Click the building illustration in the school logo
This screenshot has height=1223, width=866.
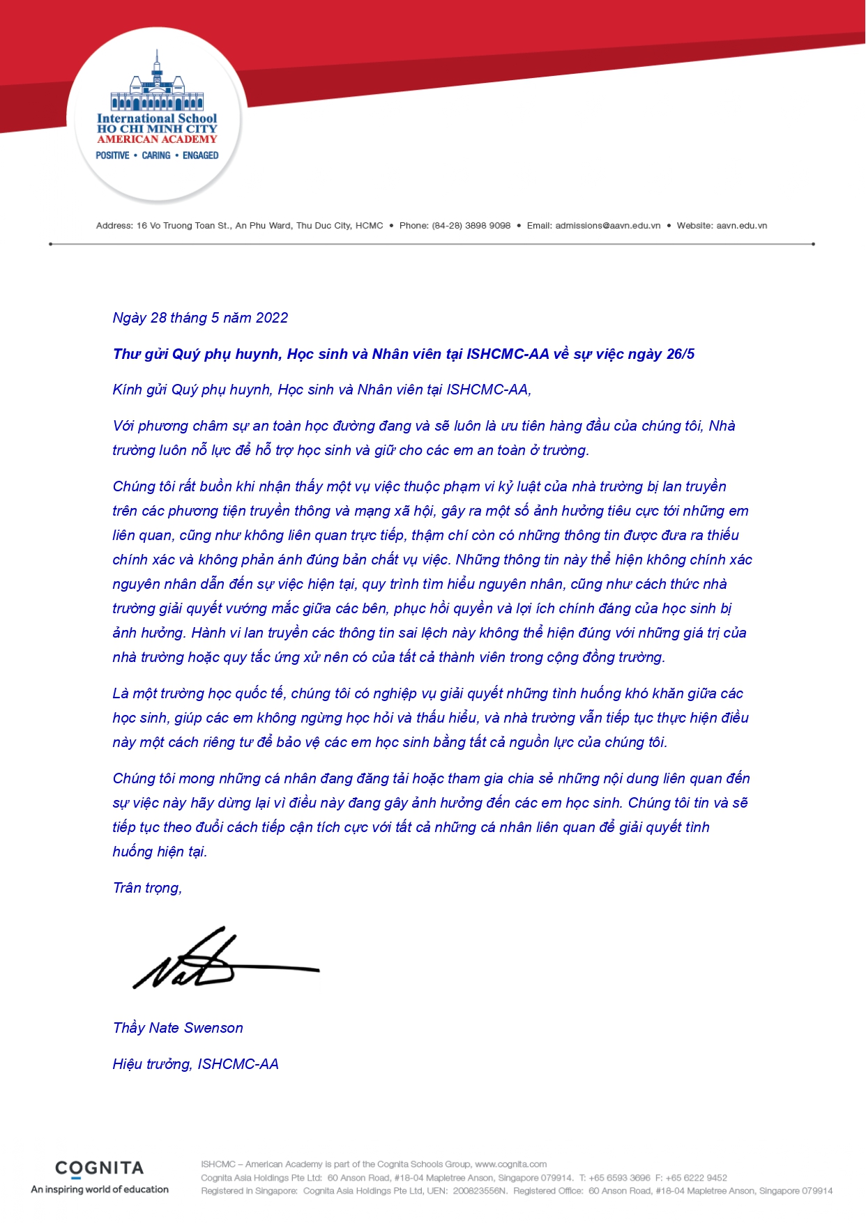point(157,84)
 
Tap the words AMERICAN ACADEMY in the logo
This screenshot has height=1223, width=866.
point(157,139)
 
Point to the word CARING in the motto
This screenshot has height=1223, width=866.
point(156,155)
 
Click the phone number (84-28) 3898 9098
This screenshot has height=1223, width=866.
point(471,226)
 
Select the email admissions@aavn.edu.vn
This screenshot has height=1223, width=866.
point(608,226)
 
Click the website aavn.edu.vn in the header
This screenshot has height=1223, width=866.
point(742,226)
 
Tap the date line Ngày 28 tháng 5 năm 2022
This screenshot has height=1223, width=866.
point(200,318)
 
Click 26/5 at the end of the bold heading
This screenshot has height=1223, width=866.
point(681,354)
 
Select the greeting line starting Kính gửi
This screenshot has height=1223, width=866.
point(321,390)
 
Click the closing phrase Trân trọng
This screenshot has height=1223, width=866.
point(147,888)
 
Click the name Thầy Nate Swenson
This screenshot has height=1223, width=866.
point(178,1028)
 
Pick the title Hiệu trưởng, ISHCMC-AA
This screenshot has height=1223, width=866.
point(195,1064)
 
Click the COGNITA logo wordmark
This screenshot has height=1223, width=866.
point(99,1169)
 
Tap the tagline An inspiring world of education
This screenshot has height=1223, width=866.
point(100,1190)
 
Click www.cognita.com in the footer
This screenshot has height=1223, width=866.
point(510,1164)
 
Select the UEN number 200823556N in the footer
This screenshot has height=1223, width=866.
point(480,1191)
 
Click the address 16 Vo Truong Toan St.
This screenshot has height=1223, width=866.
point(183,226)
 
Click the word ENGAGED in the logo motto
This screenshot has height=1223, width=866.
point(201,155)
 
